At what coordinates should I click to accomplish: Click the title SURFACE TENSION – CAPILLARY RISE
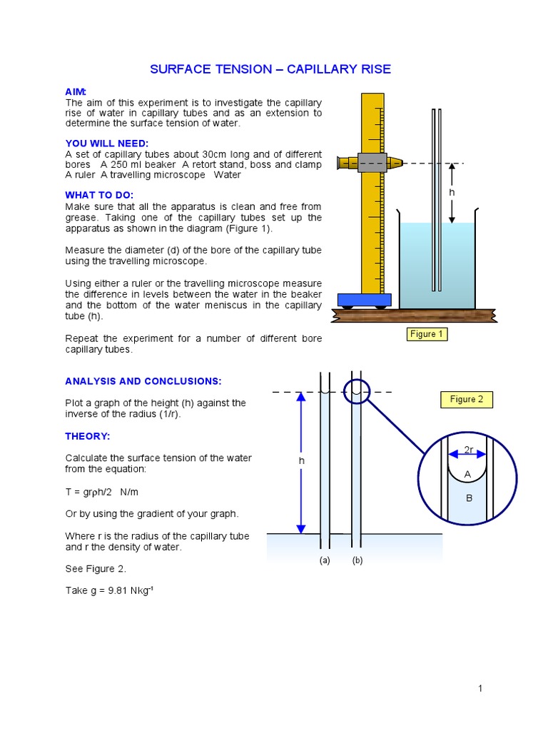(270, 69)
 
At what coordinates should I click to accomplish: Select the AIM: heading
(76, 92)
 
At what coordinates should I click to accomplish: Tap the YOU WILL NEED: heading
(107, 143)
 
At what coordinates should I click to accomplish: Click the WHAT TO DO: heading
(99, 195)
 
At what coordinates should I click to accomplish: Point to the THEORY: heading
(88, 436)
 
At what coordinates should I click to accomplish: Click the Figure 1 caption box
(427, 334)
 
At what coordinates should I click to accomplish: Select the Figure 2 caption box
(467, 400)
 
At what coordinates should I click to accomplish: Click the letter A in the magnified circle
(468, 474)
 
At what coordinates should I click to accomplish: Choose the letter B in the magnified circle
(469, 498)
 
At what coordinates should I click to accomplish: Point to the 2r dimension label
(469, 450)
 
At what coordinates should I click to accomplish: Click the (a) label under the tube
(325, 560)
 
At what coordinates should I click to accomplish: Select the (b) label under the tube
(357, 560)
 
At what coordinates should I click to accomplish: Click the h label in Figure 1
(451, 193)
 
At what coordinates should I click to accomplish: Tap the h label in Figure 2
(301, 461)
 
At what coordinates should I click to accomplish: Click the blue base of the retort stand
(365, 300)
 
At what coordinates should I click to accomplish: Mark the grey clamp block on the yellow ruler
(372, 163)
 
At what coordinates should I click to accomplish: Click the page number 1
(481, 688)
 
